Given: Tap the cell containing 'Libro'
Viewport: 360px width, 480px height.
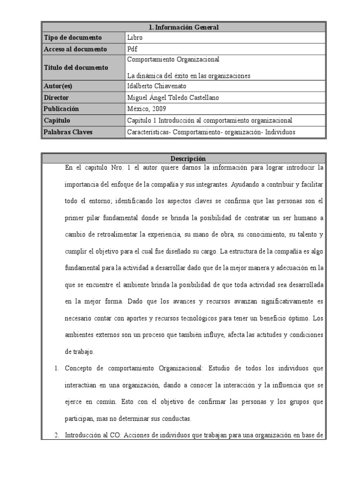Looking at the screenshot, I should (x=135, y=37).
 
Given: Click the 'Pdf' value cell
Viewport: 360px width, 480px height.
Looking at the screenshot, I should (x=132, y=49).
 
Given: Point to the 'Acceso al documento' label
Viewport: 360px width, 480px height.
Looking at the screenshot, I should (x=75, y=49).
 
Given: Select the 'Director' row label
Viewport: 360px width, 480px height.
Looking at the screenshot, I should (x=56, y=97).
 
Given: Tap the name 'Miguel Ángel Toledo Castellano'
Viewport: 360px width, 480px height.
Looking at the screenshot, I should (x=173, y=97).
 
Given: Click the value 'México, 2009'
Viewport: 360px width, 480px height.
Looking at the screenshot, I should (x=147, y=109).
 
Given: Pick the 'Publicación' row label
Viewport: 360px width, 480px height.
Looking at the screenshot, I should (x=61, y=109).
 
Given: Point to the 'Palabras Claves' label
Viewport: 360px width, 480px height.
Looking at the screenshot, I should (x=68, y=132).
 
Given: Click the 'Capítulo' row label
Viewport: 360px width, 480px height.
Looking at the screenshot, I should (x=57, y=120).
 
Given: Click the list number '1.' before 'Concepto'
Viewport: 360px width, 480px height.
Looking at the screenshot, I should (x=57, y=368).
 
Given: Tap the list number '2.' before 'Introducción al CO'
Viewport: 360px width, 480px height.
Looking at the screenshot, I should (x=57, y=435).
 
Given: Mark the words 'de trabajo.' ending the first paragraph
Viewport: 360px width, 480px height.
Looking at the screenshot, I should (x=80, y=352).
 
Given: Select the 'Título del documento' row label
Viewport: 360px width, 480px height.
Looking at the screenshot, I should (x=75, y=67).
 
